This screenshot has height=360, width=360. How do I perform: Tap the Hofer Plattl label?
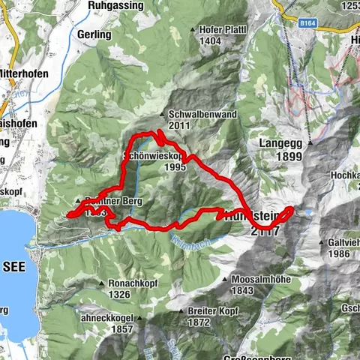pyautogui.click(x=223, y=29)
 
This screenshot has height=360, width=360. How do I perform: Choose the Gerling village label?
pyautogui.click(x=94, y=34)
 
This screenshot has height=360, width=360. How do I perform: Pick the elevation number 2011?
pyautogui.click(x=179, y=124)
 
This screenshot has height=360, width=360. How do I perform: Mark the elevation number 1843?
pyautogui.click(x=242, y=289)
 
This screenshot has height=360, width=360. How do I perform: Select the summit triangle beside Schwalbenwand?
pyautogui.click(x=163, y=115)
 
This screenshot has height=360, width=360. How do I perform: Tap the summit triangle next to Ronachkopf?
pyautogui.click(x=103, y=283)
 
